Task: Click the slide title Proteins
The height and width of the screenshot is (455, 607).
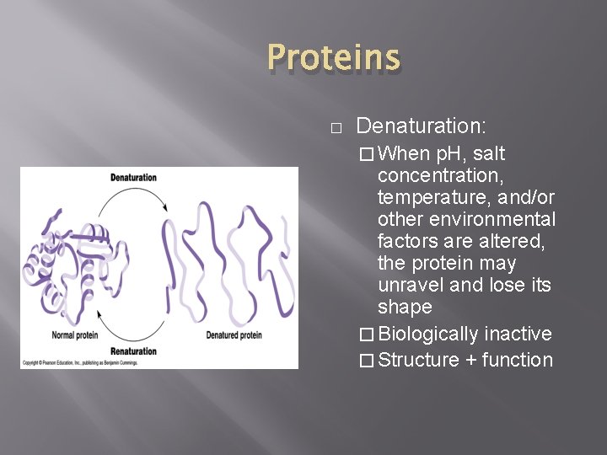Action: (333, 59)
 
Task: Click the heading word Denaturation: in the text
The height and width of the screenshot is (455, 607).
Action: (421, 126)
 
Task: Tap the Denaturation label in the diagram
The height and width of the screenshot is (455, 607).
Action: (134, 177)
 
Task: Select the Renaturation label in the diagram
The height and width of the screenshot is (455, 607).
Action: (134, 351)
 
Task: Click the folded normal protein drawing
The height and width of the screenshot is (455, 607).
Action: (72, 260)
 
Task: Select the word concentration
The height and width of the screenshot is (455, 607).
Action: (439, 176)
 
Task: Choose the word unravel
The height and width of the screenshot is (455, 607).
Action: (409, 285)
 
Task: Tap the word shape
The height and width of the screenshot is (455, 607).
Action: (405, 307)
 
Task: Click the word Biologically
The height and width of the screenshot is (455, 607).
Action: (428, 334)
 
